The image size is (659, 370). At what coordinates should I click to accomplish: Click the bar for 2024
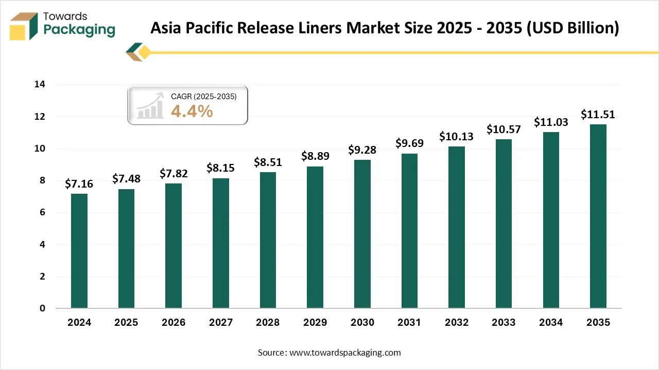click(x=79, y=251)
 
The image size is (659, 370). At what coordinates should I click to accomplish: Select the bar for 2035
click(x=598, y=216)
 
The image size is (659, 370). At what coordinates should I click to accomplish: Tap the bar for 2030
click(x=362, y=234)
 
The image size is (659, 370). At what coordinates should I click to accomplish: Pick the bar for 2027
click(x=221, y=243)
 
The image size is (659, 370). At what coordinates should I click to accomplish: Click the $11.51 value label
click(x=598, y=115)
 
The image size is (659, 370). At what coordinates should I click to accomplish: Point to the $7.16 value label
click(x=79, y=184)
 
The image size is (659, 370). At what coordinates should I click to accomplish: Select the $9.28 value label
click(x=362, y=150)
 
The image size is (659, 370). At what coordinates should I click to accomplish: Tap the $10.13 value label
click(x=457, y=137)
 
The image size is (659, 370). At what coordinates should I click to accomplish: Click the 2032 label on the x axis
click(x=457, y=323)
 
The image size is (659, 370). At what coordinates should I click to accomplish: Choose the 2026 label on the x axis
click(x=174, y=323)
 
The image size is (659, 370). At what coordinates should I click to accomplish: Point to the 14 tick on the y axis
click(x=40, y=85)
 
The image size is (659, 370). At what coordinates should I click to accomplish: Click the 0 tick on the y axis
click(x=43, y=308)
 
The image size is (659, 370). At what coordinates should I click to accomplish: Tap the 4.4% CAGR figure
click(x=192, y=111)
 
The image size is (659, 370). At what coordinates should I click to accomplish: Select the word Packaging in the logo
click(x=79, y=30)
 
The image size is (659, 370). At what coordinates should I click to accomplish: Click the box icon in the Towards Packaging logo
click(x=24, y=26)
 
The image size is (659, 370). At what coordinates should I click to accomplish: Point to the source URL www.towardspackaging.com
click(x=345, y=353)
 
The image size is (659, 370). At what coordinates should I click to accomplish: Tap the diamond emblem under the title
click(x=140, y=52)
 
